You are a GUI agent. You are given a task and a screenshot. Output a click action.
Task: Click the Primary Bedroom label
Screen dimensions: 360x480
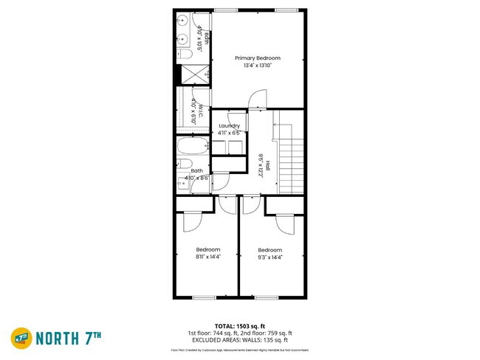tap(258, 58)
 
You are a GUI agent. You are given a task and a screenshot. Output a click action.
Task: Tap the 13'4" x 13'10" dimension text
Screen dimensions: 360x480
tap(258, 66)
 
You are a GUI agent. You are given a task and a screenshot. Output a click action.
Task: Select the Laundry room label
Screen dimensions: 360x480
tap(230, 126)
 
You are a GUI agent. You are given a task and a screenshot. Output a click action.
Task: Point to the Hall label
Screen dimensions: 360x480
tap(269, 165)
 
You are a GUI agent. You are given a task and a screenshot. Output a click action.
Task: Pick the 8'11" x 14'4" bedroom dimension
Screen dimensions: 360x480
tap(208, 257)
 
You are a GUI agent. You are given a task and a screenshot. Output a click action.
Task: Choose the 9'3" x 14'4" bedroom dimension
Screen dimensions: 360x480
tap(270, 257)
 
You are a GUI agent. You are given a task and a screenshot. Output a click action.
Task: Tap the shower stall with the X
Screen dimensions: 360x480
tap(193, 74)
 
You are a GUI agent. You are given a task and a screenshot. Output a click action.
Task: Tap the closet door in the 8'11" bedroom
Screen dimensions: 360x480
tap(189, 221)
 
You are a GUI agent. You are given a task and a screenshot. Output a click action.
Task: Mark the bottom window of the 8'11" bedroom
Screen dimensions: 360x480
tap(203, 297)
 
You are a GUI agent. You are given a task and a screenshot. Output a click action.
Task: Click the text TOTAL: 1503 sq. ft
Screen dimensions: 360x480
tap(239, 325)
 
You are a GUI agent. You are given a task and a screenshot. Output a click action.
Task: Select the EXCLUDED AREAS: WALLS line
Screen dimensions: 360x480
tap(239, 340)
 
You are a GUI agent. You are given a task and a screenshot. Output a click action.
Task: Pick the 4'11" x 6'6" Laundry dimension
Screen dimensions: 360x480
tap(230, 134)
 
